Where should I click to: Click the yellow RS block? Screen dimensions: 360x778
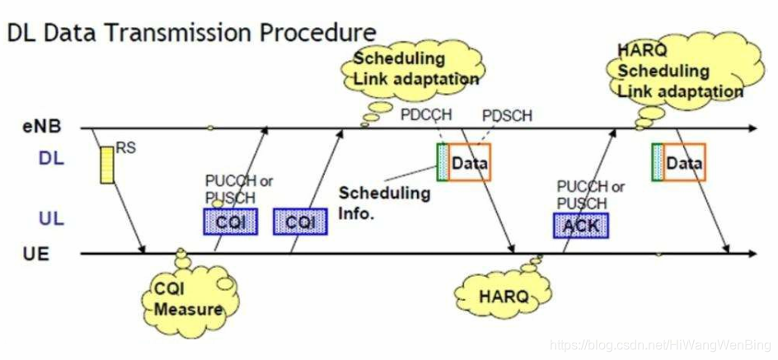click(106, 164)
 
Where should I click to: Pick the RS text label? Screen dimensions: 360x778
click(125, 148)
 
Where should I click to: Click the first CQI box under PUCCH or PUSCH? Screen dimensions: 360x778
click(230, 221)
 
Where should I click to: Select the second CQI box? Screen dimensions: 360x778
click(300, 221)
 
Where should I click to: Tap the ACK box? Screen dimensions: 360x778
click(580, 225)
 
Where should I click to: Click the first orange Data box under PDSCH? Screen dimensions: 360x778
click(469, 163)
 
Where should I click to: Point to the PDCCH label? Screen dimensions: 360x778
click(423, 114)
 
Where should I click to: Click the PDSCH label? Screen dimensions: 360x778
click(507, 115)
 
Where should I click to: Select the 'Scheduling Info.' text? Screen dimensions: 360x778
click(384, 202)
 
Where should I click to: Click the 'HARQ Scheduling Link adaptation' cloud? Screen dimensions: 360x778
click(677, 72)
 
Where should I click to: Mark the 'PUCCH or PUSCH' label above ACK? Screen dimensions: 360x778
click(590, 194)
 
